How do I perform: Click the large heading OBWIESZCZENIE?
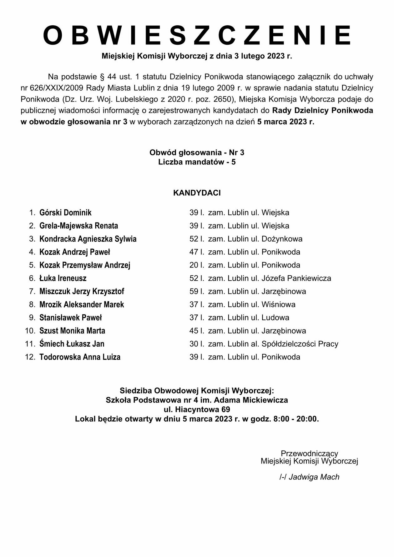197,35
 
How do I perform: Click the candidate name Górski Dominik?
65,213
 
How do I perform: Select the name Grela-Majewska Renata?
78,226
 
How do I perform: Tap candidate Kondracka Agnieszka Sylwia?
88,239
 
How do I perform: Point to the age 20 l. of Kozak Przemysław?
197,265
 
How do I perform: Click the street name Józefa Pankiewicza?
296,278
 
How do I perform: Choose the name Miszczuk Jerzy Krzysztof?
82,292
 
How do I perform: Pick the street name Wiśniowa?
278,305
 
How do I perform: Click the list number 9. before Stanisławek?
32,318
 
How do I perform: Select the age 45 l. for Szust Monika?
197,331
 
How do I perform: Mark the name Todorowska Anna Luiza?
80,357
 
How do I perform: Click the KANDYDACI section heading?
197,193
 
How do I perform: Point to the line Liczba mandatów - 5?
197,162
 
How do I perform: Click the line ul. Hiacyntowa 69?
197,409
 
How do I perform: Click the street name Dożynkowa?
282,239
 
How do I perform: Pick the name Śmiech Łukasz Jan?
72,344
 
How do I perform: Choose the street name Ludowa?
275,318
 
